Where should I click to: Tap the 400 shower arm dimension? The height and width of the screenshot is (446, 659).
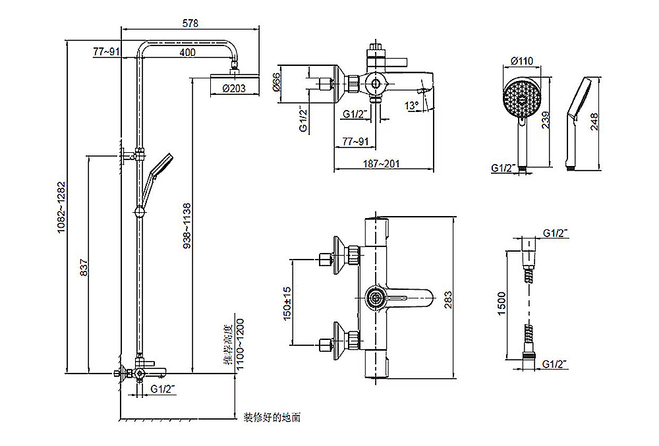click(x=187, y=53)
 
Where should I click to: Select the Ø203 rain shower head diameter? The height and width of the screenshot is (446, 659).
click(x=234, y=88)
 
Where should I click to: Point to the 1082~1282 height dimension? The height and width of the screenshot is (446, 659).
click(x=61, y=204)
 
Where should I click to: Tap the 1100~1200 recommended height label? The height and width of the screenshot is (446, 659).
click(x=241, y=345)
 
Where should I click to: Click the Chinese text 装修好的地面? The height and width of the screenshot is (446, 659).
click(x=272, y=417)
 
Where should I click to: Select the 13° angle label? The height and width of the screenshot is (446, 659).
click(x=412, y=105)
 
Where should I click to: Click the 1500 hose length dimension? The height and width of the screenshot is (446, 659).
click(x=501, y=304)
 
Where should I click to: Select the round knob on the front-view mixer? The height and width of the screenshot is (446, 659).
click(x=375, y=299)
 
